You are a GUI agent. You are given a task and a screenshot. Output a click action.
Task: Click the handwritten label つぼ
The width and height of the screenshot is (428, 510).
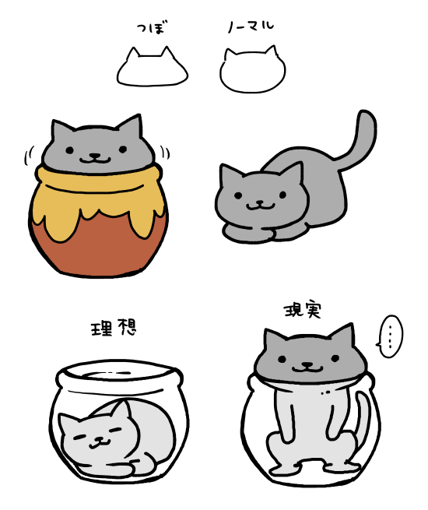tap(152, 27)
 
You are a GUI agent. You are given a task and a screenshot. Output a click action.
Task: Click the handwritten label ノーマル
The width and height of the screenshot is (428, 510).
tap(251, 26)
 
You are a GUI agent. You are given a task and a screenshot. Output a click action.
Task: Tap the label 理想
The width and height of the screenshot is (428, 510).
tap(113, 327)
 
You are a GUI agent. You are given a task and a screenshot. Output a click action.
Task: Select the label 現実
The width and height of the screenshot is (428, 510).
tap(303, 310)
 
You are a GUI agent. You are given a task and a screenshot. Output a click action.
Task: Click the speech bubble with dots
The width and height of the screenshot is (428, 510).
tap(390, 336)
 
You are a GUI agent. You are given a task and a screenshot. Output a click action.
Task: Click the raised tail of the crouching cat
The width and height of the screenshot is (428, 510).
tap(361, 140)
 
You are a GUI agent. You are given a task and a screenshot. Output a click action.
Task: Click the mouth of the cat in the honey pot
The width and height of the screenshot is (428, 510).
tap(95, 158)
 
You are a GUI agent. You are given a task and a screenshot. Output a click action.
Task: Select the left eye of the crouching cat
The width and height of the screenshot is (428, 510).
tap(238, 195)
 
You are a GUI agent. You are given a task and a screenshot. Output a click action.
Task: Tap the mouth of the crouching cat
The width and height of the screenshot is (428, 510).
tap(261, 206)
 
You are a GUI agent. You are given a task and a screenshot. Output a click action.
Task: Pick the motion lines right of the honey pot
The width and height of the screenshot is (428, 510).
tap(165, 153)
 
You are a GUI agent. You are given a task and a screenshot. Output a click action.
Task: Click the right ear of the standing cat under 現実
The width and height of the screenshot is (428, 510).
tap(344, 333)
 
